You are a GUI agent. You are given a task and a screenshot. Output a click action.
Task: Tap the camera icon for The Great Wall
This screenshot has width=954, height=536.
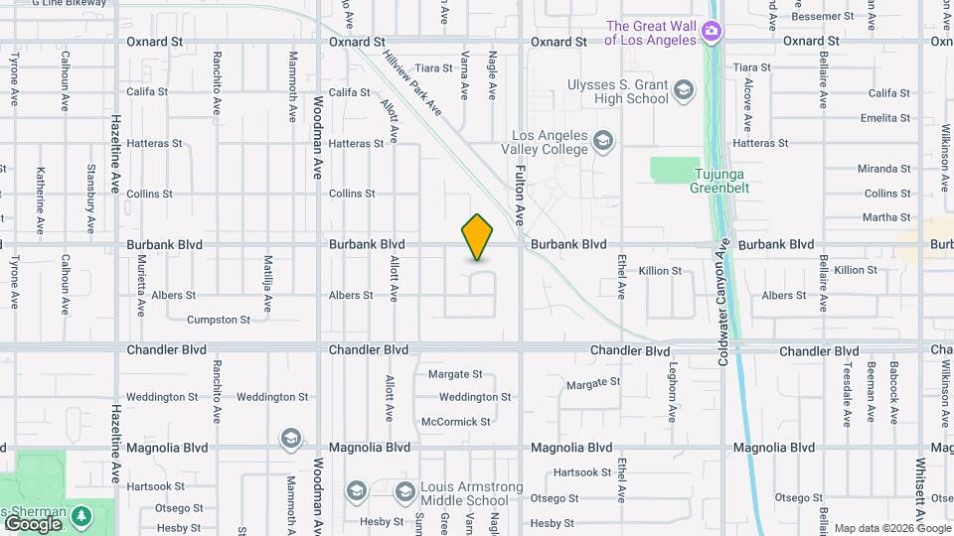[x=711, y=33]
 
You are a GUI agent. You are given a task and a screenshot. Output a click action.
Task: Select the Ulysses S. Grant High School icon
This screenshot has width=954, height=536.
[x=683, y=92]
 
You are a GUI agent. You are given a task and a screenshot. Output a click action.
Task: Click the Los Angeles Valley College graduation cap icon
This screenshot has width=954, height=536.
[x=602, y=142]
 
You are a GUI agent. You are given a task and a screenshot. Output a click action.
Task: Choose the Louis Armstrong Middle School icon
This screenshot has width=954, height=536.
[x=404, y=492]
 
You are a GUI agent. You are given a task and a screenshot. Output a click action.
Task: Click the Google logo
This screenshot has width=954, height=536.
[x=32, y=523]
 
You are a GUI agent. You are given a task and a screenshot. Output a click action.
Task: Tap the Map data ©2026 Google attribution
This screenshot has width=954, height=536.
[x=891, y=528]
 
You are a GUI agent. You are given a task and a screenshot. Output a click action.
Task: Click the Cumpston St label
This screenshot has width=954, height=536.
[x=219, y=320]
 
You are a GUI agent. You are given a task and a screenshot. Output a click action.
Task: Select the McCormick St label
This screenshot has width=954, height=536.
[x=456, y=422]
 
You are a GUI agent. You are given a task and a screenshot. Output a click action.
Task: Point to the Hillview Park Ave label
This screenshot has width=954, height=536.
[x=413, y=88]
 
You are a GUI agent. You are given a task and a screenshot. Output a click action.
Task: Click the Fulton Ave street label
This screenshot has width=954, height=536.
[x=518, y=193]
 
